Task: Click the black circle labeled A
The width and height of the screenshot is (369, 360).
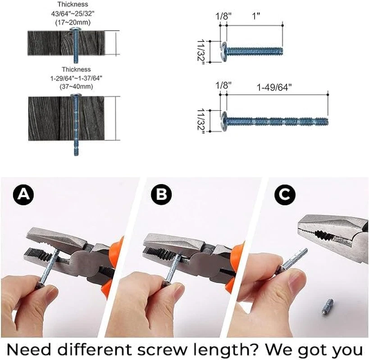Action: click(23, 194)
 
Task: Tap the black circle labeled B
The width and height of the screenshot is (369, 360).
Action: click(161, 194)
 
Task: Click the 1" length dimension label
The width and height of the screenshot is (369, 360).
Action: click(256, 16)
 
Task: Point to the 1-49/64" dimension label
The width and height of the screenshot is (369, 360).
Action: click(274, 88)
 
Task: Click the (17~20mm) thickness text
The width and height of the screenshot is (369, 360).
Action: click(73, 23)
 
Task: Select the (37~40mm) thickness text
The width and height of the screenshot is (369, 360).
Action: click(76, 86)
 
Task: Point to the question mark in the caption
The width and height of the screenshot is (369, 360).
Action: click(255, 350)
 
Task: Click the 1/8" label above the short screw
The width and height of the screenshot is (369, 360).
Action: click(223, 16)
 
